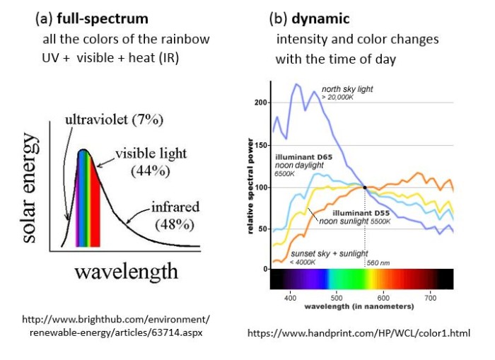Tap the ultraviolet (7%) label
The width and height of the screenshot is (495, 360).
113,120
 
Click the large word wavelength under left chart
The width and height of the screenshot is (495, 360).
125,271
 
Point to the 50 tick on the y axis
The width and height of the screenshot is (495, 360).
262,228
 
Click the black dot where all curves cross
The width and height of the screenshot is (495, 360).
365,187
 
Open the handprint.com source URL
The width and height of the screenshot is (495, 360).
358,332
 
